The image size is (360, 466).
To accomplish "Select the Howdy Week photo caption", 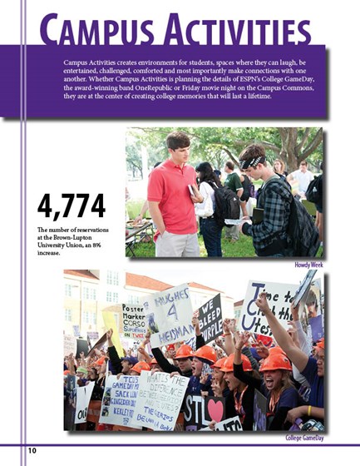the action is click(x=308, y=265).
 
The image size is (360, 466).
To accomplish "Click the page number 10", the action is click(x=32, y=450).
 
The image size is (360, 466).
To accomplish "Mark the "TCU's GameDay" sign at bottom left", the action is click(x=116, y=398).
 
